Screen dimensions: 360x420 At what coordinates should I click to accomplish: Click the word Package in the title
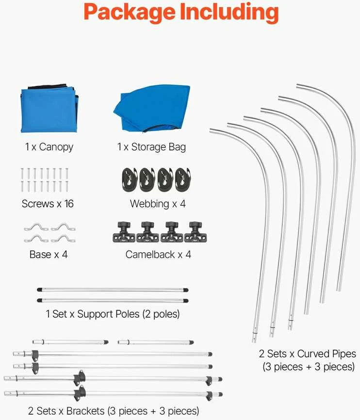click(130, 12)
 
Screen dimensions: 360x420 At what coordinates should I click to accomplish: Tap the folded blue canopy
click(49, 109)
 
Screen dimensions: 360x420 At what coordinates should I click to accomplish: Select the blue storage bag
click(152, 109)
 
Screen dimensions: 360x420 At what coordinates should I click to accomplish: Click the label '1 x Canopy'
click(49, 147)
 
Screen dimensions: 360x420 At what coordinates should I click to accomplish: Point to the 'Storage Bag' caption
click(159, 147)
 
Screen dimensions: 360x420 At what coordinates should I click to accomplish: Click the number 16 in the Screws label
click(69, 204)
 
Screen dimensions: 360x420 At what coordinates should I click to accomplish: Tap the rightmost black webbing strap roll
click(183, 180)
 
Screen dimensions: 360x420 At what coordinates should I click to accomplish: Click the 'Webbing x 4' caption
click(158, 204)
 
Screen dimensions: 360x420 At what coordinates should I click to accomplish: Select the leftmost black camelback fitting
click(124, 232)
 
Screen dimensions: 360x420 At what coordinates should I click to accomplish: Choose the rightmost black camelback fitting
click(196, 232)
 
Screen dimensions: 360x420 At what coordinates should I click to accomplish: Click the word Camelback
click(150, 255)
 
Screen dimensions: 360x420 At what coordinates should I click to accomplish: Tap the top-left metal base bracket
click(36, 227)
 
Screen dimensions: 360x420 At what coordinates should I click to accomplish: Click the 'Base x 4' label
click(49, 255)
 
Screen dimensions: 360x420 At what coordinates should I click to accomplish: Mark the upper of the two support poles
click(113, 290)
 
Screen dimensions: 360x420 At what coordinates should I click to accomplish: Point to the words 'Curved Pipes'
click(327, 354)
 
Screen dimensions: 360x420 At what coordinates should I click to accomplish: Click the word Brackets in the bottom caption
click(85, 411)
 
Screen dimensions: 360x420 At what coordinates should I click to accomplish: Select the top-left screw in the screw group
click(22, 173)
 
